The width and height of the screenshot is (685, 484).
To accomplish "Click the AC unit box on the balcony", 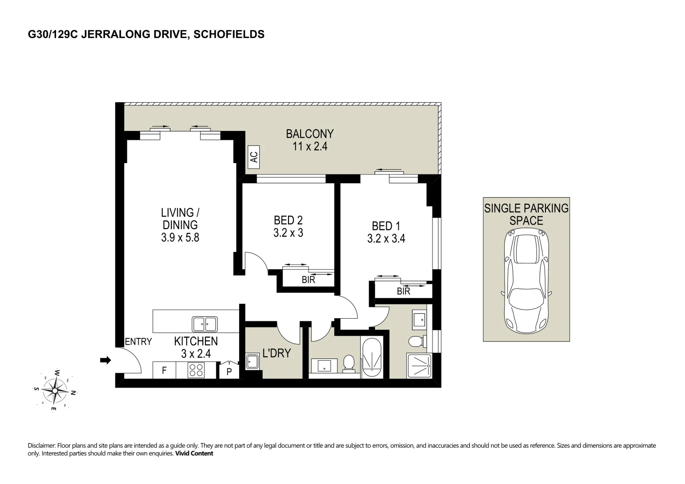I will tap(254, 157).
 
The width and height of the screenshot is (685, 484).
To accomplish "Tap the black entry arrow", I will tap(105, 360).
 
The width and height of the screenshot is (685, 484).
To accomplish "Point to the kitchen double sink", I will tap(204, 324).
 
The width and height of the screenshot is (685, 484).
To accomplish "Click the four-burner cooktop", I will tap(196, 370).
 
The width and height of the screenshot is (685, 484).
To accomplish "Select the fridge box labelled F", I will tap(164, 371).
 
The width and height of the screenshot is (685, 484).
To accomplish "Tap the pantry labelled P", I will tap(229, 372).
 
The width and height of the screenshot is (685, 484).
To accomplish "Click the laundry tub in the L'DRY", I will tap(253, 362).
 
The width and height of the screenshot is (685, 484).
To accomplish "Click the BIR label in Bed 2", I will tap(308, 280).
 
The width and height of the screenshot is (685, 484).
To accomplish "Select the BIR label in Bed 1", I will tap(403, 291).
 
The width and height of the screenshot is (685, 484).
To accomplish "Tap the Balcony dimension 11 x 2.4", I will tap(310, 147).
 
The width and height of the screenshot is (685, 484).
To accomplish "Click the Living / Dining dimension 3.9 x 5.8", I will tap(180, 238).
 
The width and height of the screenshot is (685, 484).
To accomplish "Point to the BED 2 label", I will tap(288, 220).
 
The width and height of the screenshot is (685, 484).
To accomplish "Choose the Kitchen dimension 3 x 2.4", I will tap(196, 354).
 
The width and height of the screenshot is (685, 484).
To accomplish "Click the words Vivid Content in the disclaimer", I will tap(194, 454).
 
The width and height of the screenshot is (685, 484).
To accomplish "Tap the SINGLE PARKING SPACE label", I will tap(526, 214).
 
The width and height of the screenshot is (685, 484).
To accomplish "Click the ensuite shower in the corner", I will tap(419, 366).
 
